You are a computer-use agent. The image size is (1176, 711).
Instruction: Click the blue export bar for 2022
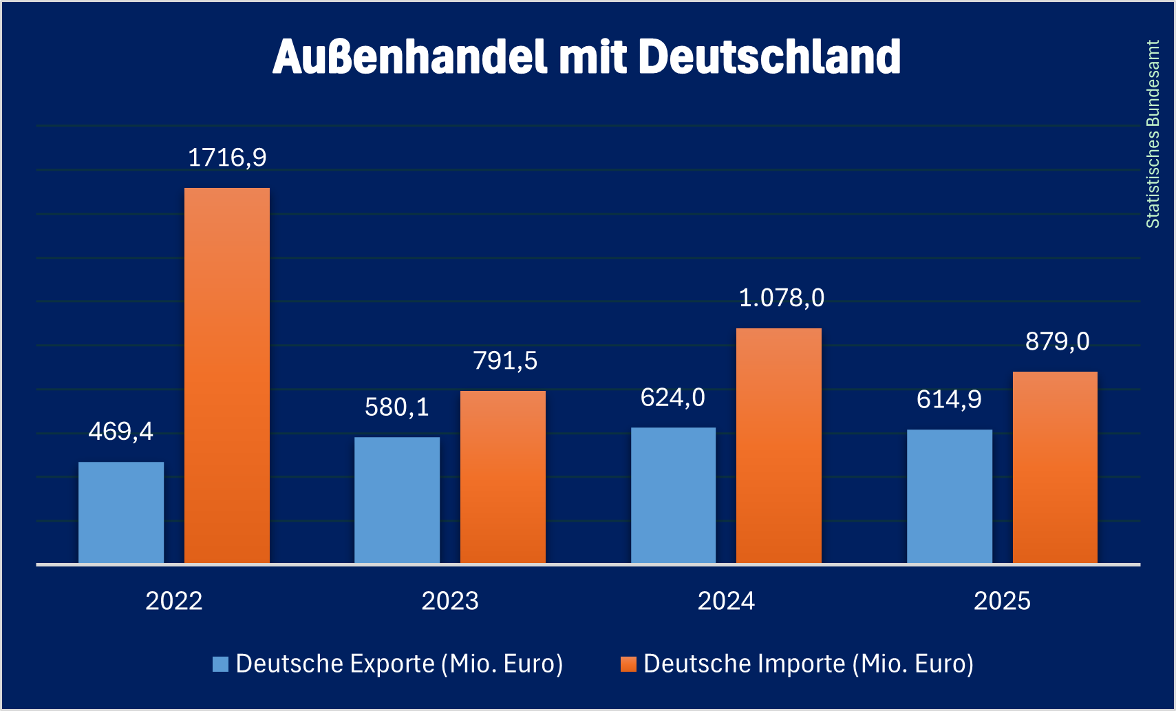121,513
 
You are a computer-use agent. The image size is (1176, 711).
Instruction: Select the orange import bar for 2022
227,376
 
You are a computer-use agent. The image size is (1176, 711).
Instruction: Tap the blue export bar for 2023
397,500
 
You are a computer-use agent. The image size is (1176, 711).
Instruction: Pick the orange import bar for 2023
503,477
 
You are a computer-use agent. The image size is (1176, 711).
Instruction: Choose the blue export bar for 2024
673,496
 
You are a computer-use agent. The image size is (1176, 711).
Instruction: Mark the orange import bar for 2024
779,446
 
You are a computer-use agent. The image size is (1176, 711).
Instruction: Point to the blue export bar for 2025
950,497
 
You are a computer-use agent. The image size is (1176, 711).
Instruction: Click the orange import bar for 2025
1055,468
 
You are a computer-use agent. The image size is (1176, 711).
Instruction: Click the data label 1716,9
227,158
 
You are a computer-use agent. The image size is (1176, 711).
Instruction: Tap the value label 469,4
121,432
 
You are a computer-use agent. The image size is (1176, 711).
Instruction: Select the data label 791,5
505,361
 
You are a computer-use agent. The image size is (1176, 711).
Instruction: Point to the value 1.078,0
781,298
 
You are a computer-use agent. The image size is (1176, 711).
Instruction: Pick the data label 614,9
949,399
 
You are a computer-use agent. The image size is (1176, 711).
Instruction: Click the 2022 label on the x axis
174,601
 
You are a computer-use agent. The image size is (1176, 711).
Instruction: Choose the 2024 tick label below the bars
726,601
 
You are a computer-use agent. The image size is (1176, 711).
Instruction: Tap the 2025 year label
1002,601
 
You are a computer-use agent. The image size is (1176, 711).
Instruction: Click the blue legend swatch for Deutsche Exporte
220,664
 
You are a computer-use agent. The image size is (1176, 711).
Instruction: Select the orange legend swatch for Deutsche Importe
628,664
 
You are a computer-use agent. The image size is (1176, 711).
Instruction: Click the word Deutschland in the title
769,56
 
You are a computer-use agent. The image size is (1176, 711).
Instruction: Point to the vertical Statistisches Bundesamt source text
1153,134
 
